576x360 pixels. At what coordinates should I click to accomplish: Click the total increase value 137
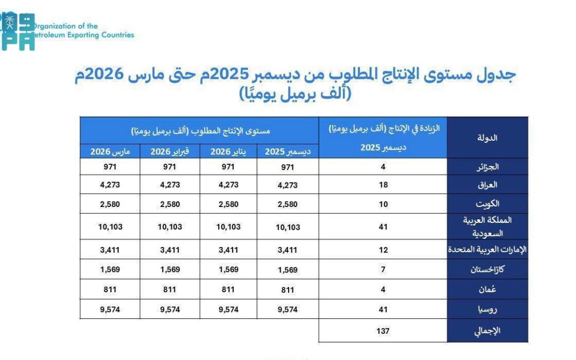[382, 331]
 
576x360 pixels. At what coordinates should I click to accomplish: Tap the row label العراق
[490, 185]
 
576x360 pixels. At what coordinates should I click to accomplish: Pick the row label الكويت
[489, 204]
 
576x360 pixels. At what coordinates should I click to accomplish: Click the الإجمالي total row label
[487, 331]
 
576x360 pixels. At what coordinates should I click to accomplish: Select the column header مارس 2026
[110, 151]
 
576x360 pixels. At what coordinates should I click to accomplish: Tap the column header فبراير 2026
[169, 151]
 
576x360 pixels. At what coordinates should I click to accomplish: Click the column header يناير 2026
[228, 151]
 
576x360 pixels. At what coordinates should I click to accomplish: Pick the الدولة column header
[487, 138]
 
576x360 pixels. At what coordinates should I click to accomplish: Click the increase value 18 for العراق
[382, 185]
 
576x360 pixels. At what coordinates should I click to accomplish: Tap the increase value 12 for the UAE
[382, 250]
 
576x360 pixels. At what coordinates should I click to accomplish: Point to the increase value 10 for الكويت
[382, 204]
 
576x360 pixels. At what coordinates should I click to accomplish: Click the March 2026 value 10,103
[110, 227]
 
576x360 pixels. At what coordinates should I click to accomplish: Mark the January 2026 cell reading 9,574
[228, 309]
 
